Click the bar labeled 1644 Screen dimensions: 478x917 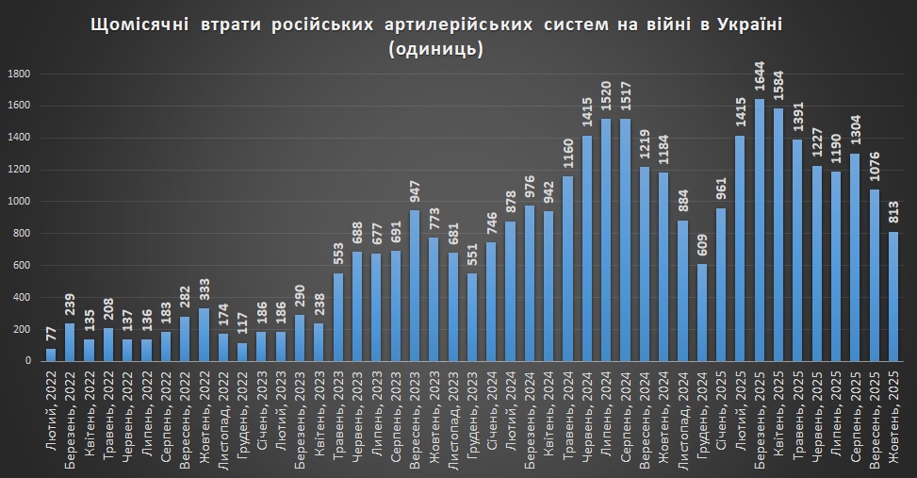pyautogui.click(x=759, y=230)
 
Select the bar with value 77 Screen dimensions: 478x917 pyautogui.click(x=51, y=354)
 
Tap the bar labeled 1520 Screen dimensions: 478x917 pyautogui.click(x=606, y=239)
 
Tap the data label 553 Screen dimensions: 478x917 pyautogui.click(x=339, y=255)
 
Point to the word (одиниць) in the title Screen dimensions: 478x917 pyautogui.click(x=435, y=49)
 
